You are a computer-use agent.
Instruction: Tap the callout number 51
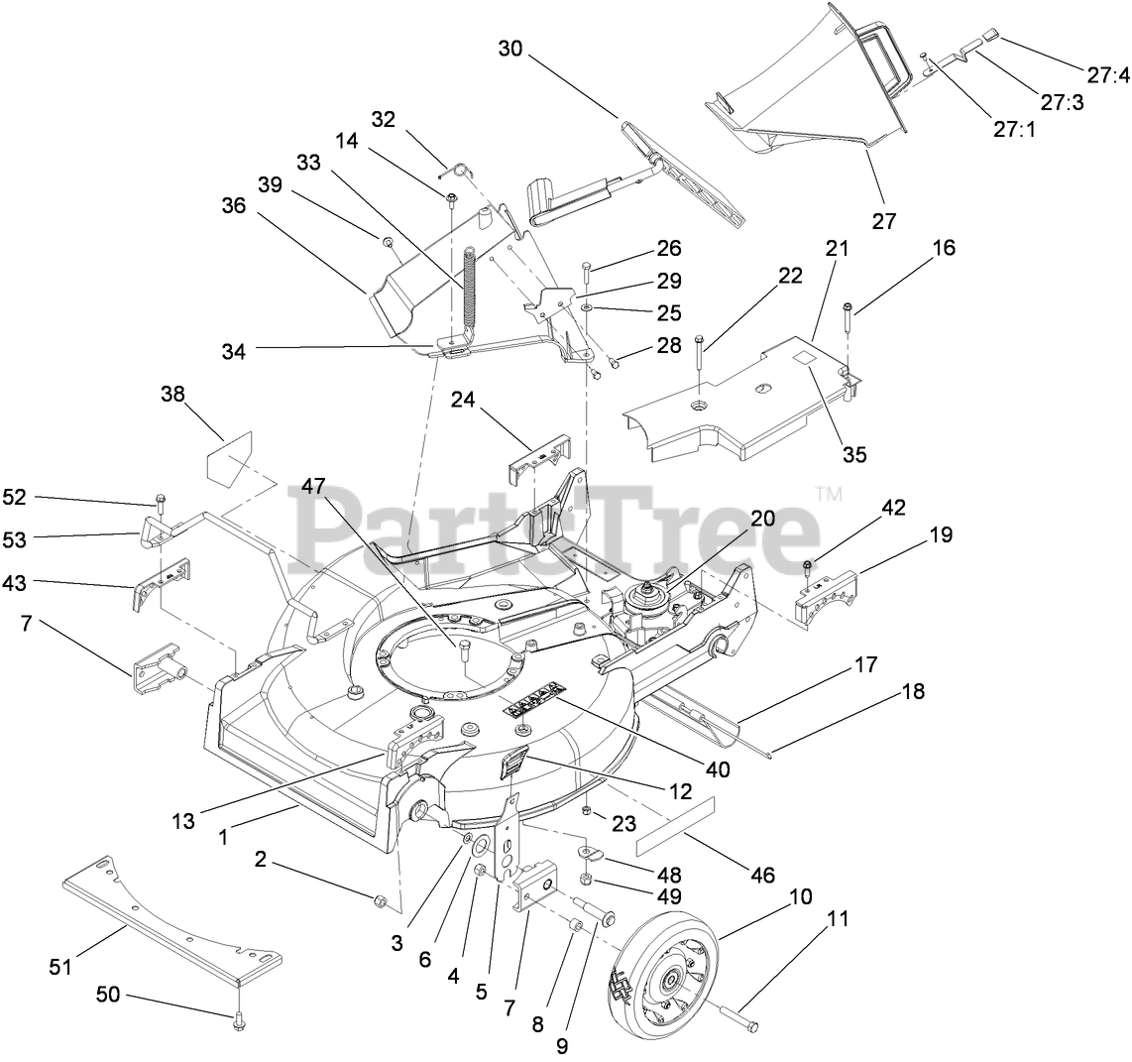coord(60,965)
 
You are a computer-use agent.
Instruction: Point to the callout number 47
coord(314,487)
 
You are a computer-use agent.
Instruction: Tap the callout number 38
coord(173,395)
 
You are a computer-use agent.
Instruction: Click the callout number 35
coord(854,454)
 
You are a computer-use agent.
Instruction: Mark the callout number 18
coord(913,691)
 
